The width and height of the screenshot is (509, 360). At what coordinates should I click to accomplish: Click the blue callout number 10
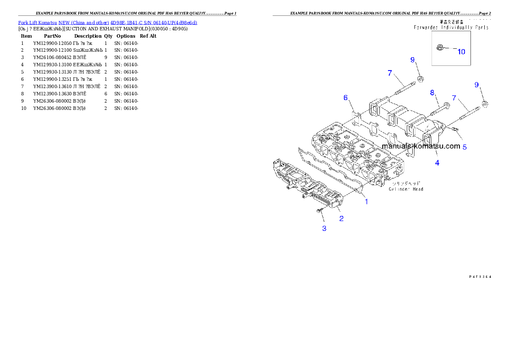[461, 52]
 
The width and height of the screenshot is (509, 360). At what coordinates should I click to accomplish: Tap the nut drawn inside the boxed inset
[439, 48]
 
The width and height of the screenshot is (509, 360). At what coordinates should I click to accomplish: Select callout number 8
[432, 92]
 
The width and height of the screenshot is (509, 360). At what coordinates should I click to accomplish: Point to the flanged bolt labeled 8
[441, 108]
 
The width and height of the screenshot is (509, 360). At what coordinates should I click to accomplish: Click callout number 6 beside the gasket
[346, 98]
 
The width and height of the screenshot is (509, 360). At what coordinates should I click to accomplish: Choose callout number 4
[437, 162]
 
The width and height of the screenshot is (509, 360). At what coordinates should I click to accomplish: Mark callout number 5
[465, 147]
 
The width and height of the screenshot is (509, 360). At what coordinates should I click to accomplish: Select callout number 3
[324, 229]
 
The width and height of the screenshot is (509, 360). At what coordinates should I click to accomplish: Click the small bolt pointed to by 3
[319, 211]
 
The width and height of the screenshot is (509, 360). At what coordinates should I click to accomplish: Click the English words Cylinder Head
[406, 189]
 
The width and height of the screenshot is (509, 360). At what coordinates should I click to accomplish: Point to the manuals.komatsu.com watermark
[421, 146]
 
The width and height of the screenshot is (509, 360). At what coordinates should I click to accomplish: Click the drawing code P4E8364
[479, 277]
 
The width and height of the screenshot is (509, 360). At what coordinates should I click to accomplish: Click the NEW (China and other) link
[84, 23]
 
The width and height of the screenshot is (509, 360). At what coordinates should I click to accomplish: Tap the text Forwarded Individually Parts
[451, 27]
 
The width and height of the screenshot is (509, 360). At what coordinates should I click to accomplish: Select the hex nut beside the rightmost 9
[485, 103]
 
